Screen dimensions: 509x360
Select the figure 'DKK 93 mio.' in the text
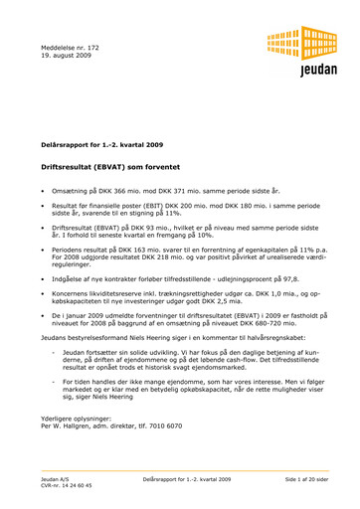click(x=164, y=228)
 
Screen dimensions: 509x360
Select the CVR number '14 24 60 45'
click(x=72, y=486)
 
